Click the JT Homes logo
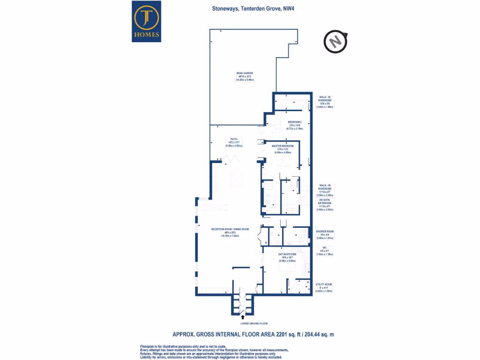point(147,21)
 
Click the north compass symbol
point(336,42)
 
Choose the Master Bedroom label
point(282,149)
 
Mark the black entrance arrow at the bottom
point(243,317)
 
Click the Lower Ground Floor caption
point(243,323)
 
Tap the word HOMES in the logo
point(147,34)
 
